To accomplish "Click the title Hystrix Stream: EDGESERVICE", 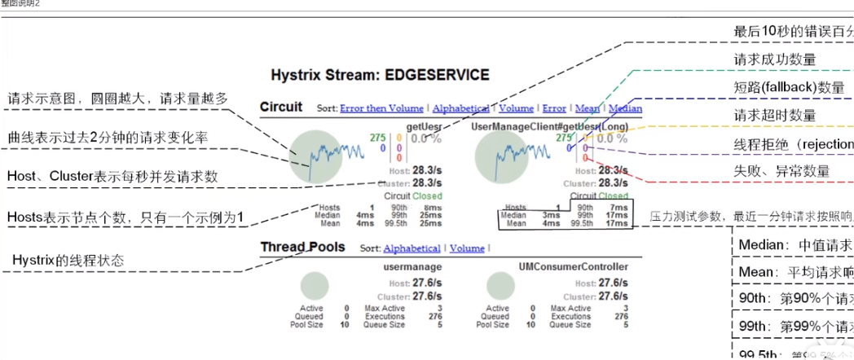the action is (x=380, y=76).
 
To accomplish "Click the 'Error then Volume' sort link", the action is (x=381, y=108).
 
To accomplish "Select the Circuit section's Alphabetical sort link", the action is (x=460, y=108).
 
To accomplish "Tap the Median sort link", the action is (x=625, y=108).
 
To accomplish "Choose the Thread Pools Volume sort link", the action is (x=467, y=248).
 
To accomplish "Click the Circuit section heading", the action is (x=281, y=107).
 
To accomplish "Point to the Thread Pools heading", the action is (x=302, y=247).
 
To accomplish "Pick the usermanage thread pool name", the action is (x=414, y=266).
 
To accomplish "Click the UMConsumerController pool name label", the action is (x=573, y=266).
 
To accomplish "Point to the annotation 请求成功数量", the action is (x=775, y=60).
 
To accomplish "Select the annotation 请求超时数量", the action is (x=775, y=116).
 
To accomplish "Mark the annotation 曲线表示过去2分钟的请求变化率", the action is (x=106, y=138).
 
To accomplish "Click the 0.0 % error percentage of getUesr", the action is (x=425, y=138).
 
